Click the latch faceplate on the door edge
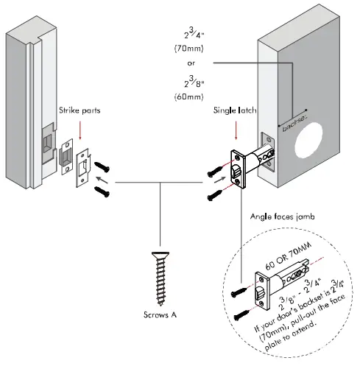(239, 172)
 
